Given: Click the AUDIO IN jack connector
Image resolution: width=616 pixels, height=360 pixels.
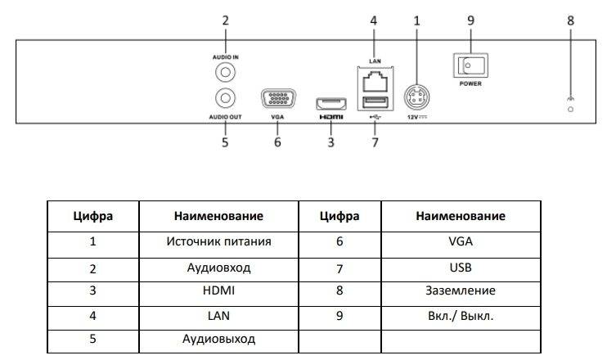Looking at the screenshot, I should [225, 73].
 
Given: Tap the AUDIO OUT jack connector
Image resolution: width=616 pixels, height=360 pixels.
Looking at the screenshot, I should [225, 98].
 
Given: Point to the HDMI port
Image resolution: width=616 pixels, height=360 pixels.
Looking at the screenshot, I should [330, 104].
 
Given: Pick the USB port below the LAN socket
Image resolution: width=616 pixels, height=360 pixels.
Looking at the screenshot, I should [372, 103].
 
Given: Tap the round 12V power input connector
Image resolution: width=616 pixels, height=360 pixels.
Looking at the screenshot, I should [417, 99].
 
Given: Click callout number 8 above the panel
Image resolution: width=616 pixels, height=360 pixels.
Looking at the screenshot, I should [570, 19].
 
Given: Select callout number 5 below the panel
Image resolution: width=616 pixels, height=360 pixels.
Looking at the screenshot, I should [225, 142].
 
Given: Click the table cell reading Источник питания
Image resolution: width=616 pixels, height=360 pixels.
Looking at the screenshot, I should [218, 242].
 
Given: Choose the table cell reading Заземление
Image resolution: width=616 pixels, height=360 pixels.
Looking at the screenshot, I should [460, 290].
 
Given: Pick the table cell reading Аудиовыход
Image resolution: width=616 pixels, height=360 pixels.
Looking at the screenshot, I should [218, 339].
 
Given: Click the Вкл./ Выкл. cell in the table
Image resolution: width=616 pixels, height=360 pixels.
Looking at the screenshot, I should [460, 315].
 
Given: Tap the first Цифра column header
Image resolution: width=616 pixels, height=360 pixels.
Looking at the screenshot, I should [92, 217].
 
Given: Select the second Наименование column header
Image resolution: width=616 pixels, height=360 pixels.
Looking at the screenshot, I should [460, 217].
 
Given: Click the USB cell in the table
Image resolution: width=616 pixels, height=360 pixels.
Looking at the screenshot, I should [460, 267].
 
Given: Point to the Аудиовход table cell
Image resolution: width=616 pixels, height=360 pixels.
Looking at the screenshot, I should [218, 267].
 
